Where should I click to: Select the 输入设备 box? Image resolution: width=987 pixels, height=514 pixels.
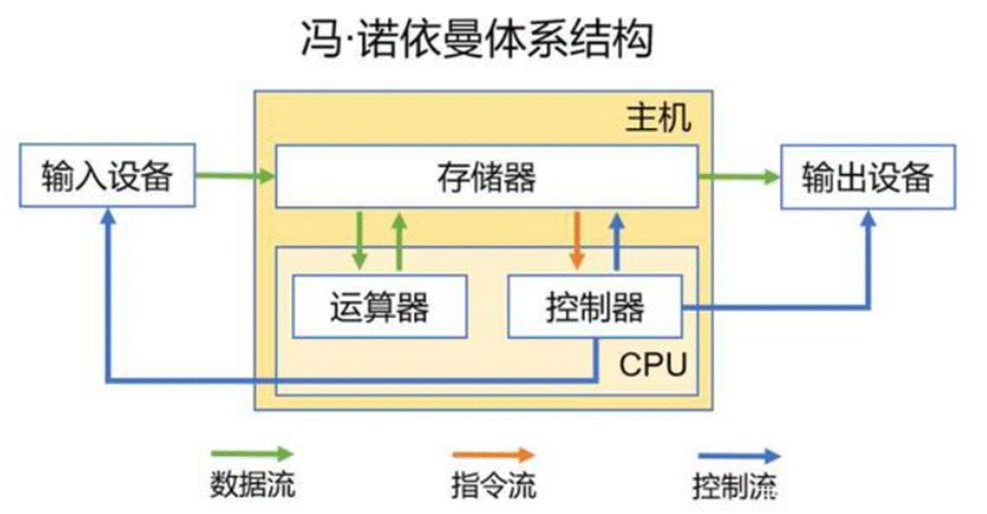[x=108, y=178]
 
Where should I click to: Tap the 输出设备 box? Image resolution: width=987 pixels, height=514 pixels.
[x=867, y=178]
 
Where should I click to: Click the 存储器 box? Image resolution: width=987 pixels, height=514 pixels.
[x=486, y=178]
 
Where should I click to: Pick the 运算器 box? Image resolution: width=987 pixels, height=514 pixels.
[x=379, y=307]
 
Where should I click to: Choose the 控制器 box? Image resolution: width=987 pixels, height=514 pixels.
[x=594, y=307]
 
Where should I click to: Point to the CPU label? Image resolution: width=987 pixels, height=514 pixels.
[x=653, y=365]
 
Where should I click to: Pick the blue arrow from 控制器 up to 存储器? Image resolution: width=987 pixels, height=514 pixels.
[x=617, y=241]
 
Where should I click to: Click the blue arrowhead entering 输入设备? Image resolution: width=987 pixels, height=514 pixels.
[x=107, y=219]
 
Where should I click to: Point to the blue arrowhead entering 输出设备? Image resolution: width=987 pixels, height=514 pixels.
[x=868, y=219]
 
